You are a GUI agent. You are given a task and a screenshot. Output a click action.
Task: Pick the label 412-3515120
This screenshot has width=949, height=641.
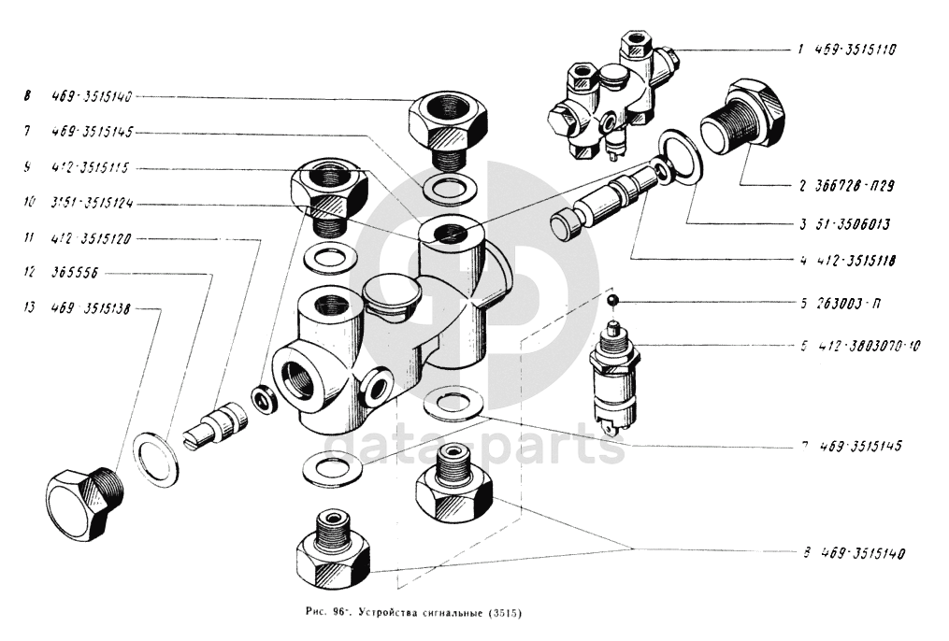[91, 239]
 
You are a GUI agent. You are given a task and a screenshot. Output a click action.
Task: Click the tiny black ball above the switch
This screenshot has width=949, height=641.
[611, 300]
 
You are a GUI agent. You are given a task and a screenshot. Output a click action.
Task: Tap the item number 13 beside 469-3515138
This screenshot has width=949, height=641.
[30, 308]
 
